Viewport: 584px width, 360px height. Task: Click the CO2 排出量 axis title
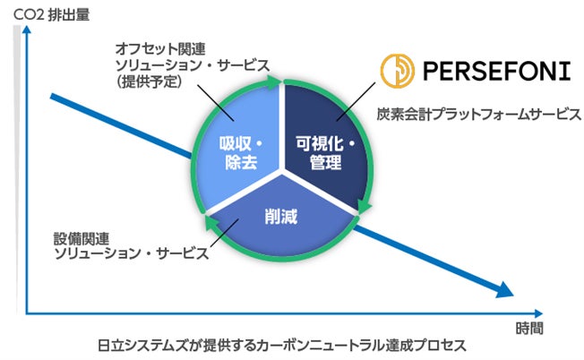point(45,12)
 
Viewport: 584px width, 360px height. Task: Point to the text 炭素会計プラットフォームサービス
point(479,115)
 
